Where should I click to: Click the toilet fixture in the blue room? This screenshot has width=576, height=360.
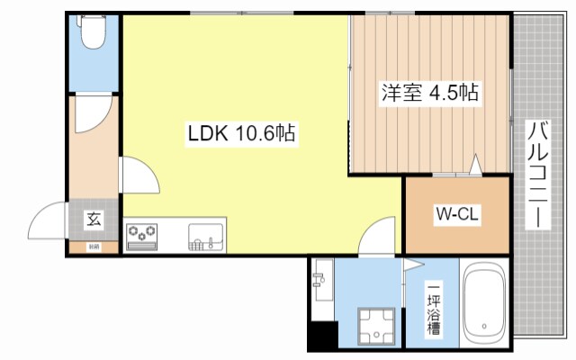pos(94,34)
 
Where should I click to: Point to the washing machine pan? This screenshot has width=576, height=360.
pos(376,326)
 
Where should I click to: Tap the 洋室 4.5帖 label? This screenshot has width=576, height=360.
pos(429,93)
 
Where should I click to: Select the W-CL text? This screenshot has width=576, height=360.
pos(455,214)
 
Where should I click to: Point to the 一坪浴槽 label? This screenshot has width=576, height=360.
pos(434,310)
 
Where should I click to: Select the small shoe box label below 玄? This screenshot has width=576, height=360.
pos(93,246)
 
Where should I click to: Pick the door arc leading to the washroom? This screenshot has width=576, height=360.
pos(375,236)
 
